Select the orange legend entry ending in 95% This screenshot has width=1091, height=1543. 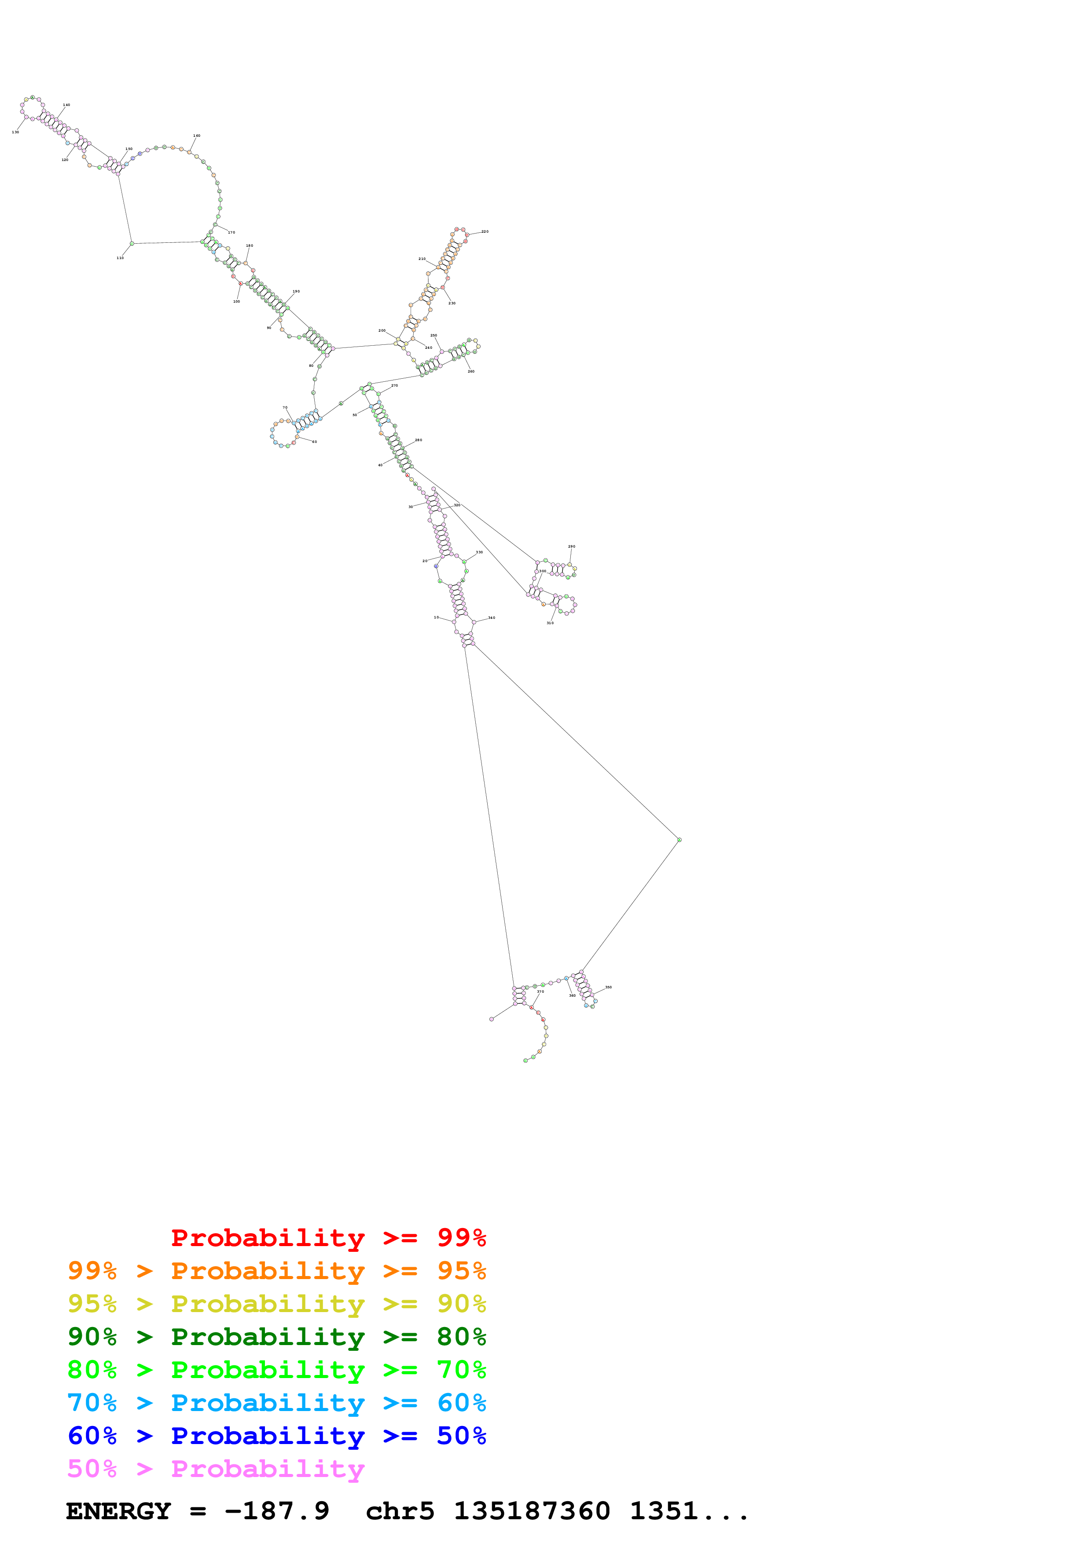point(276,1271)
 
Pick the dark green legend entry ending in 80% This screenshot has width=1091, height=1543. point(276,1337)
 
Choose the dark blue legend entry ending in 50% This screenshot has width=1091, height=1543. point(276,1436)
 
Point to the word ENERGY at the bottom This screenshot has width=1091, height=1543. point(118,1511)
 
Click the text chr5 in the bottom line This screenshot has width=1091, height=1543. point(400,1511)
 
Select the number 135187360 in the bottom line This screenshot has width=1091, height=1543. point(532,1511)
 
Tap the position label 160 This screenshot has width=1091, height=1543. point(197,136)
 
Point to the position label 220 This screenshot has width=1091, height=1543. point(485,232)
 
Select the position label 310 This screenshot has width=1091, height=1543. point(550,623)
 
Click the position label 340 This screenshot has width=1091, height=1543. point(492,618)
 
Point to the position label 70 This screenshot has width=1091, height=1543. point(285,408)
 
